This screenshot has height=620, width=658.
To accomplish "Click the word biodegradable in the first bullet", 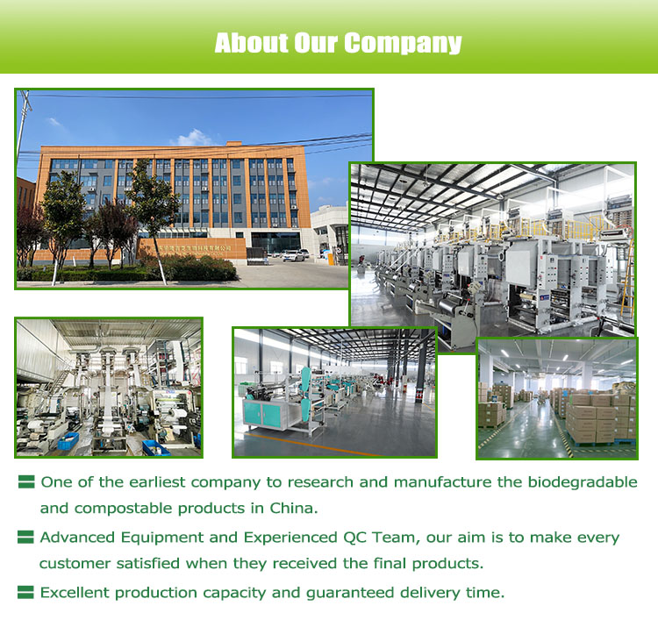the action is [583, 482].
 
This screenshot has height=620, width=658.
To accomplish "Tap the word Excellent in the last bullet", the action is [75, 593].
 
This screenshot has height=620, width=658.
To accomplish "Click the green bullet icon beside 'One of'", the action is [26, 482].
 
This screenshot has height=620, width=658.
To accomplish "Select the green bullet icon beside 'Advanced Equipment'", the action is [25, 537].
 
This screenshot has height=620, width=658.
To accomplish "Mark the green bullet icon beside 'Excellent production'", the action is [25, 592].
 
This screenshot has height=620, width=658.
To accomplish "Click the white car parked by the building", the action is [293, 255].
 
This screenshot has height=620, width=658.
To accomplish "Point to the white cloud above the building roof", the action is [194, 138].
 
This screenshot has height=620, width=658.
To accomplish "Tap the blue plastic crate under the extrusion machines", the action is [68, 441].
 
